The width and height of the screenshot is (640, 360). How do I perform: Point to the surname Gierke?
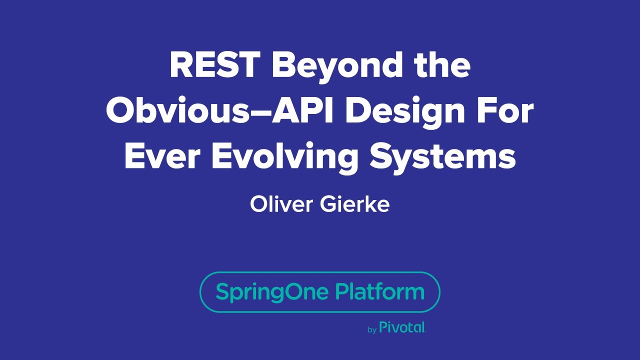[x=355, y=204]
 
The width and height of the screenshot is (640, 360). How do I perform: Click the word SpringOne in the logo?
[x=272, y=292]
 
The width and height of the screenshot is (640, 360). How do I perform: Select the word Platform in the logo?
[x=379, y=291]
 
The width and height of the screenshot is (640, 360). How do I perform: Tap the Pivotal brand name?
[x=402, y=327]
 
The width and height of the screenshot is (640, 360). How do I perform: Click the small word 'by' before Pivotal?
[x=372, y=329]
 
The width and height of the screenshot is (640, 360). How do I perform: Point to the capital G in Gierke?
[x=328, y=204]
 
